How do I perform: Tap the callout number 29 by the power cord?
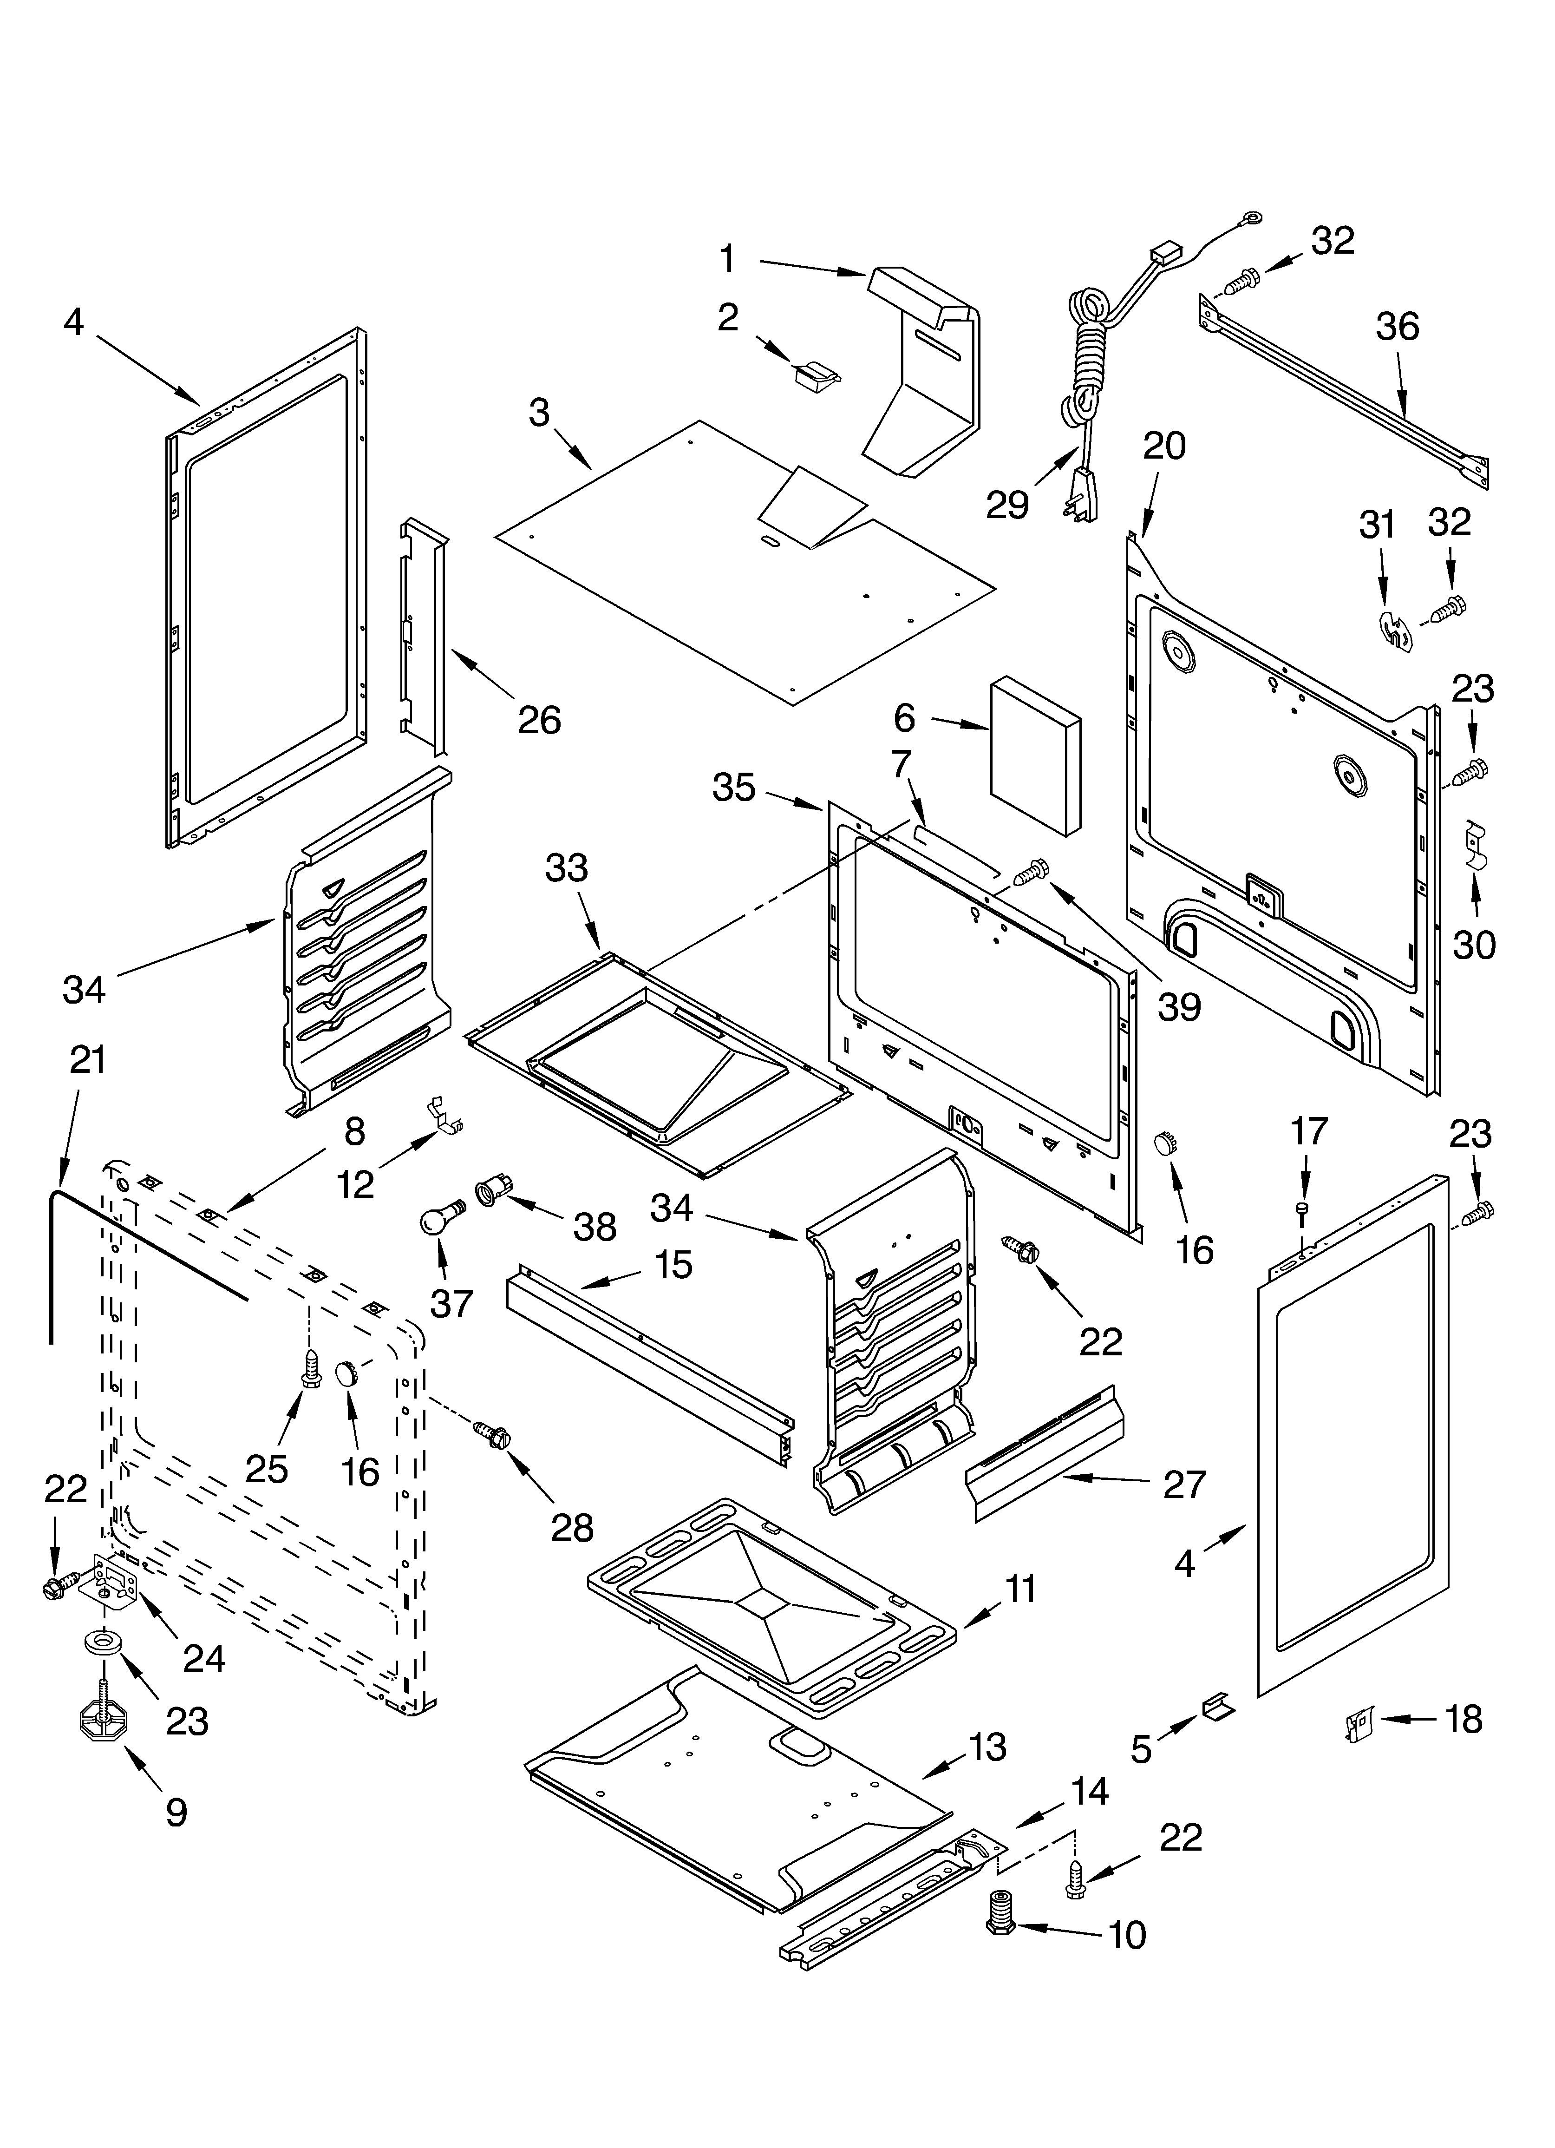click(1006, 505)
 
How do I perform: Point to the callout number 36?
click(1397, 327)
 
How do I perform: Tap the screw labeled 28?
click(495, 1433)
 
